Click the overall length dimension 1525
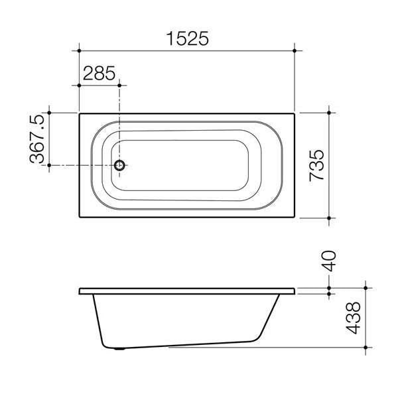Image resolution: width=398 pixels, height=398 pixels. (186, 38)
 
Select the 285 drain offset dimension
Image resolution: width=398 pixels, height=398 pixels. (98, 73)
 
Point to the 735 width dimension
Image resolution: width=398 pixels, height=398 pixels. (317, 165)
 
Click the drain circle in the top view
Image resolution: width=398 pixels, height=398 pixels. (119, 165)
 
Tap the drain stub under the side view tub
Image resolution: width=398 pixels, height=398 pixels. (119, 347)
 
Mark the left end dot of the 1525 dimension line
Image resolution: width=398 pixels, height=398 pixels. (80, 50)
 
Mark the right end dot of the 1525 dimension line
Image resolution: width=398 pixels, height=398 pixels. (295, 50)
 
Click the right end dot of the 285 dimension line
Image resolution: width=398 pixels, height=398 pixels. (119, 84)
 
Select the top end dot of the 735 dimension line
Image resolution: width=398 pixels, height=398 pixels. (330, 113)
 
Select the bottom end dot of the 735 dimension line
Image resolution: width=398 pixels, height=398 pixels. (330, 217)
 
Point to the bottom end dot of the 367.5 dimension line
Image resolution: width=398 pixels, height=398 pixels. (49, 165)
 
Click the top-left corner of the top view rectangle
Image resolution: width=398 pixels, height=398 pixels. (80, 113)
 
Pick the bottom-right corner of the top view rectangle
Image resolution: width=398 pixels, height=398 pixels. (295, 217)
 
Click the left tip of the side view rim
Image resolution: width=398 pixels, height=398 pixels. (80, 291)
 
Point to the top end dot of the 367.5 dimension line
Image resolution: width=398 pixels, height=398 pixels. (49, 113)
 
